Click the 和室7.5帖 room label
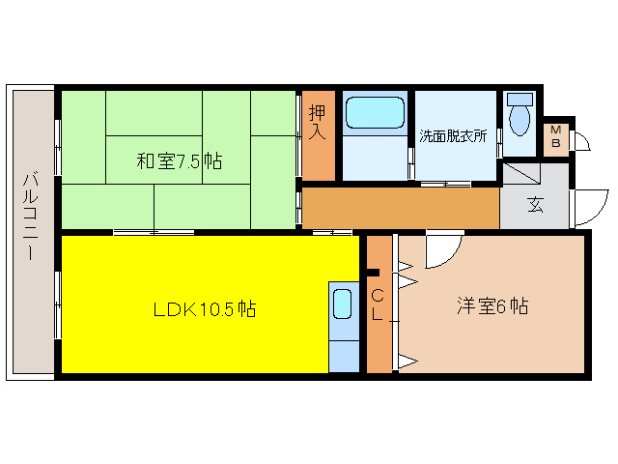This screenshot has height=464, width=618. click(x=179, y=161)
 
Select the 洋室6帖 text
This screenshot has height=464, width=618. click(x=492, y=306)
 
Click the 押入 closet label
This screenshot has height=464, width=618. click(x=318, y=121)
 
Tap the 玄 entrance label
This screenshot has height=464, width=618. click(x=534, y=205)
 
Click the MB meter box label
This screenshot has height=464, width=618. click(x=555, y=137)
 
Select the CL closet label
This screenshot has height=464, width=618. click(x=378, y=304)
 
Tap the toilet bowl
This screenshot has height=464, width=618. click(x=520, y=120)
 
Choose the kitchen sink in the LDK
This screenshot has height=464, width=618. click(x=343, y=304)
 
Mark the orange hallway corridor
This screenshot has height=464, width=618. click(x=401, y=207)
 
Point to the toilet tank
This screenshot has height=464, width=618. click(x=520, y=99)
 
